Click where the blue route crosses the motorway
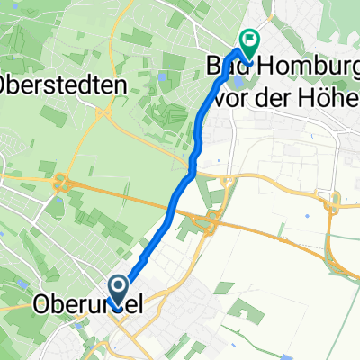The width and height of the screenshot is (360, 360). click(x=172, y=209)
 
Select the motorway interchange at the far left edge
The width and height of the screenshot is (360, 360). click(x=64, y=182)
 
